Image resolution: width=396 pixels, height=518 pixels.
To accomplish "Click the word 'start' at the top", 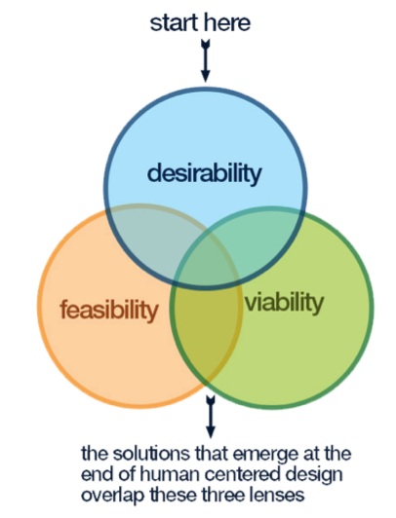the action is point(175,23).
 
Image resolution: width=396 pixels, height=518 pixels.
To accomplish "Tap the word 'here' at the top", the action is point(227,22).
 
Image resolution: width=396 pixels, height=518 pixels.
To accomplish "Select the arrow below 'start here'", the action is point(206,60).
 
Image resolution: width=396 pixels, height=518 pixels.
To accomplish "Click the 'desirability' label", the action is point(205,173).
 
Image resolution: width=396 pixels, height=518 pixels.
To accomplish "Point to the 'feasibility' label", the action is point(109,310).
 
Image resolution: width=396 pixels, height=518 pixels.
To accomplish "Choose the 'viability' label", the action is point(284,303).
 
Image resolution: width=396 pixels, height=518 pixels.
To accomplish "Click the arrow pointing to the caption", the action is point(211,417).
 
